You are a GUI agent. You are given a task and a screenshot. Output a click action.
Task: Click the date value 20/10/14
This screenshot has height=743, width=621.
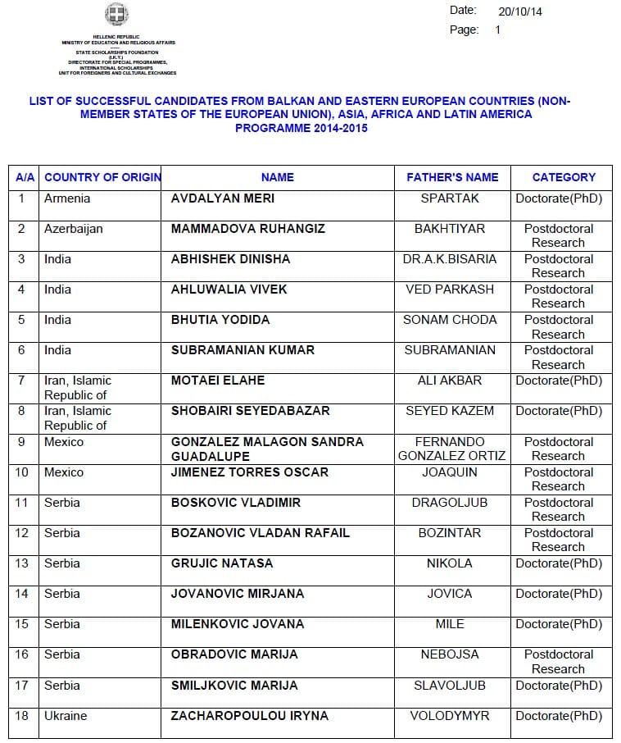click(x=520, y=11)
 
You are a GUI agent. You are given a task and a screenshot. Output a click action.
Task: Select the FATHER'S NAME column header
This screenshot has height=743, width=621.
click(x=452, y=177)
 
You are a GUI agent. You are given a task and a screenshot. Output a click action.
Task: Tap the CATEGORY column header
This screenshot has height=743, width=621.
click(x=564, y=177)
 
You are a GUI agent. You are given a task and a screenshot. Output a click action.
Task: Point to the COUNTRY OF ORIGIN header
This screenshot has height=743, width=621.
click(x=102, y=177)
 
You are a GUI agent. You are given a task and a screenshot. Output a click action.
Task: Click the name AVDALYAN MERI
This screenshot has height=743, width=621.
click(x=223, y=198)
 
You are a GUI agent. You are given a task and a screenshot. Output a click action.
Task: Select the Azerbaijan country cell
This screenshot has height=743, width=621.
click(x=74, y=229)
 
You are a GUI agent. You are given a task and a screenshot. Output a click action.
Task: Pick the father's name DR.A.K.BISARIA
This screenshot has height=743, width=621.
click(x=450, y=259)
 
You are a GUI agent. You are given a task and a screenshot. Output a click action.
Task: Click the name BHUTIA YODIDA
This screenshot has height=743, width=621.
click(x=220, y=320)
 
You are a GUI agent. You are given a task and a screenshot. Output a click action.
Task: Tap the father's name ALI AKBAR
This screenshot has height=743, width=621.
click(x=450, y=381)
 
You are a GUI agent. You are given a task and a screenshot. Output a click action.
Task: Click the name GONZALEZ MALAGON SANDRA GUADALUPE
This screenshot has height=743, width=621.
click(x=267, y=449)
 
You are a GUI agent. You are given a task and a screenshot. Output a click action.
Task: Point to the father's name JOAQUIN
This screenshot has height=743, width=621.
click(x=449, y=472)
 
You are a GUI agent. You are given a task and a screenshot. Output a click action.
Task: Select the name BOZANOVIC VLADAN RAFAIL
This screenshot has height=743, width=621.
click(x=261, y=533)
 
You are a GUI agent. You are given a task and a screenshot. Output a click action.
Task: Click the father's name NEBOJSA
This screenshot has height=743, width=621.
click(x=450, y=654)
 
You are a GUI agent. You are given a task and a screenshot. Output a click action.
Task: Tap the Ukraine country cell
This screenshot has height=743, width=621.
click(x=66, y=716)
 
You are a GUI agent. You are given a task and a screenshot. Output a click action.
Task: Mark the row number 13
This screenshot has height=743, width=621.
click(x=22, y=563)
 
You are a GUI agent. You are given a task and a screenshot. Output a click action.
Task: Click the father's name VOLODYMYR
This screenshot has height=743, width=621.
click(x=450, y=716)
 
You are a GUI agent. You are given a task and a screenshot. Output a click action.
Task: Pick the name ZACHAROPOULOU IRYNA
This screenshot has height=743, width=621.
click(x=250, y=716)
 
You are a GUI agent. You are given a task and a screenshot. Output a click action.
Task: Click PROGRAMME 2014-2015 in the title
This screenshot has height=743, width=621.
click(x=301, y=129)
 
